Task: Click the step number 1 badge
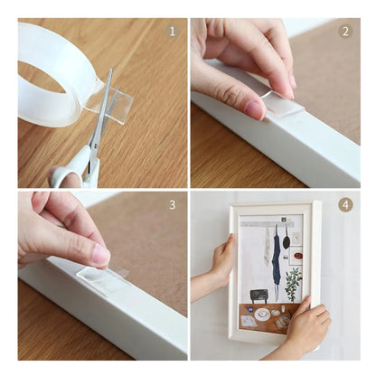(x=173, y=31)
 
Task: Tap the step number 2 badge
(x=344, y=31)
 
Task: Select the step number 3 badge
(x=173, y=204)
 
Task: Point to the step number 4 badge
(x=344, y=204)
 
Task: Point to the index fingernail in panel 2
(x=255, y=108)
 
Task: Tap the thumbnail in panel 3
(x=98, y=256)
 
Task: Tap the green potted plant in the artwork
(x=293, y=283)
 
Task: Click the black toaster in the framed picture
(x=258, y=296)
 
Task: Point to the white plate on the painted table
(x=262, y=314)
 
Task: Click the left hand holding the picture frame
(x=221, y=262)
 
